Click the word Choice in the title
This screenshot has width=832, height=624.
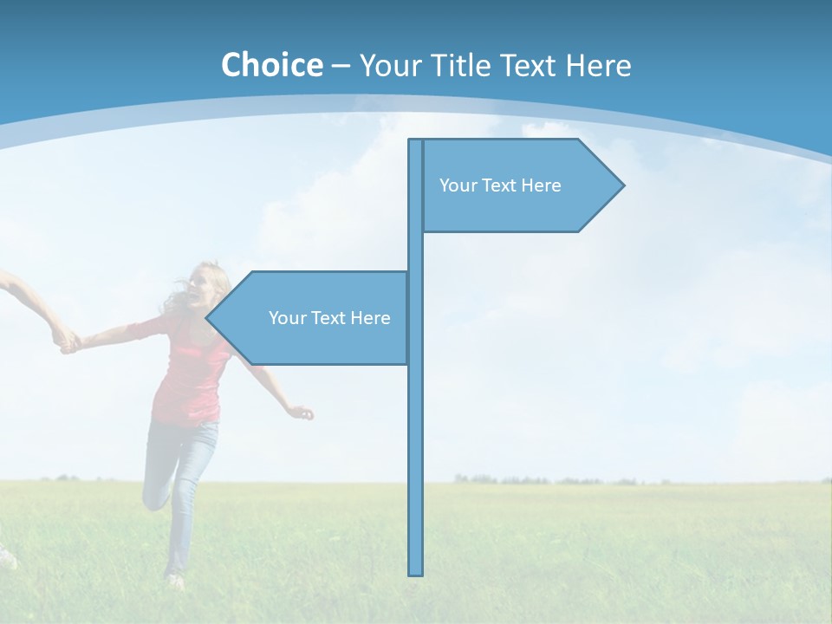[271, 65]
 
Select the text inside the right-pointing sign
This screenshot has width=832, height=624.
[500, 185]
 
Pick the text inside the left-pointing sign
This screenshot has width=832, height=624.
[329, 318]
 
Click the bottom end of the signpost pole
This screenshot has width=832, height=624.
[416, 572]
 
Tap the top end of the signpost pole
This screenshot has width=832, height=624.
[416, 142]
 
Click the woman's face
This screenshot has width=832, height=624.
[207, 284]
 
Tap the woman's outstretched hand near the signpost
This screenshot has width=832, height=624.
[302, 413]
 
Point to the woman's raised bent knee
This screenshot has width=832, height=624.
[151, 498]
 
